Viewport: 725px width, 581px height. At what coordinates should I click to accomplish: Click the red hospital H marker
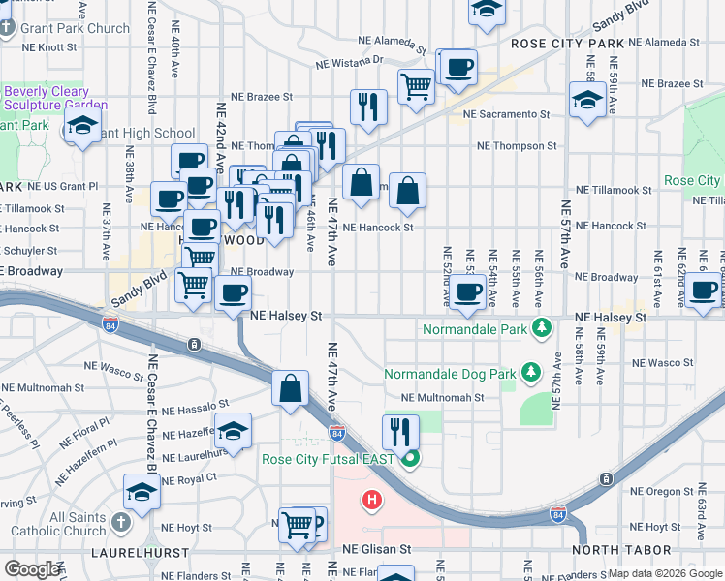369,501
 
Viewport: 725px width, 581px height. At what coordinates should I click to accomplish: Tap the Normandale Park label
474,330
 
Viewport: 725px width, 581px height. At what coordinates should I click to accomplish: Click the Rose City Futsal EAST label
330,458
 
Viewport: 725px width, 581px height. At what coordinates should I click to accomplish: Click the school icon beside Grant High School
83,125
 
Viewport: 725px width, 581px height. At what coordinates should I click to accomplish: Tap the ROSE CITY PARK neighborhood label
567,44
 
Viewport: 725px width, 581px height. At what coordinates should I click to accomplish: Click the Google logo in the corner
32,569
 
